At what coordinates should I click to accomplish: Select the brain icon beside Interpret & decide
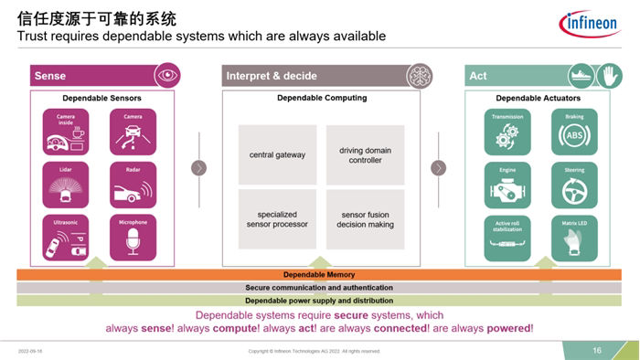418,76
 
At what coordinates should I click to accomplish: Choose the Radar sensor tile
132,185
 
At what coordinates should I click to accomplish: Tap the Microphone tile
132,238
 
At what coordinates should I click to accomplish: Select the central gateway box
277,154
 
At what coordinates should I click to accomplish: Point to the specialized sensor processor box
277,217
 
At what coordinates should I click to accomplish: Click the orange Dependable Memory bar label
319,274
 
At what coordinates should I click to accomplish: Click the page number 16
596,350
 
